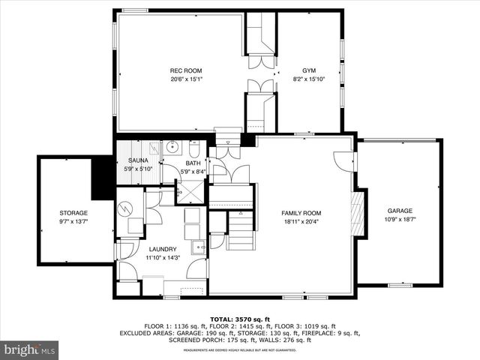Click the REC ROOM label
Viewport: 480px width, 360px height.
[185, 70]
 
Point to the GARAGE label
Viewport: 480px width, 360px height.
[399, 211]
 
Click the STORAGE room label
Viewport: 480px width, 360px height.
[73, 214]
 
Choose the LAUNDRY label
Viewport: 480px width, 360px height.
[163, 249]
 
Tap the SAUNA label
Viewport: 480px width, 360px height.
[137, 160]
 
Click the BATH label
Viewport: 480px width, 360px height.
[193, 163]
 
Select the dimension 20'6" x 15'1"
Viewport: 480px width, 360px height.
[185, 78]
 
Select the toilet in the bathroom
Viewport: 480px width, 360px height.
[193, 147]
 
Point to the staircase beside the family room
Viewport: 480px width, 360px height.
[241, 229]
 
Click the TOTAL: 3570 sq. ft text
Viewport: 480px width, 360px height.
[241, 319]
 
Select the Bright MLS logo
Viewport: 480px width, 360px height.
[30, 349]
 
